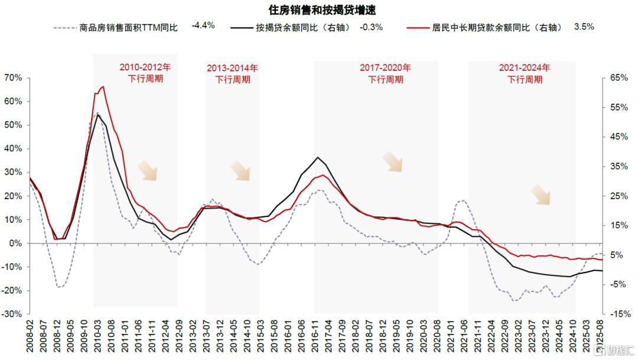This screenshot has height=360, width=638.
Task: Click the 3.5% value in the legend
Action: coord(584,27)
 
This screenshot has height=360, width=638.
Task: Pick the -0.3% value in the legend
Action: coord(372,27)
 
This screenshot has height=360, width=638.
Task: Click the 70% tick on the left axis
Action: coord(13,78)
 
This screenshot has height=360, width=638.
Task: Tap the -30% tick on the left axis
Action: coord(12,314)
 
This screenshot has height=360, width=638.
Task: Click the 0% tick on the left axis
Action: coord(15,244)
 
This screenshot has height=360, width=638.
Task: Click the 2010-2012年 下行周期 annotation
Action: coord(145,73)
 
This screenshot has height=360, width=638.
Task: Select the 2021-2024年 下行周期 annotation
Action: coord(525,73)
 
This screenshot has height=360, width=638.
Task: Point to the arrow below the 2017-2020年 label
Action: coord(393,161)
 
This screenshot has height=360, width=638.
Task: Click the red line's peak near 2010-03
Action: coord(103,87)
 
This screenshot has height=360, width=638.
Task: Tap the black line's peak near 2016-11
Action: coord(318,157)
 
